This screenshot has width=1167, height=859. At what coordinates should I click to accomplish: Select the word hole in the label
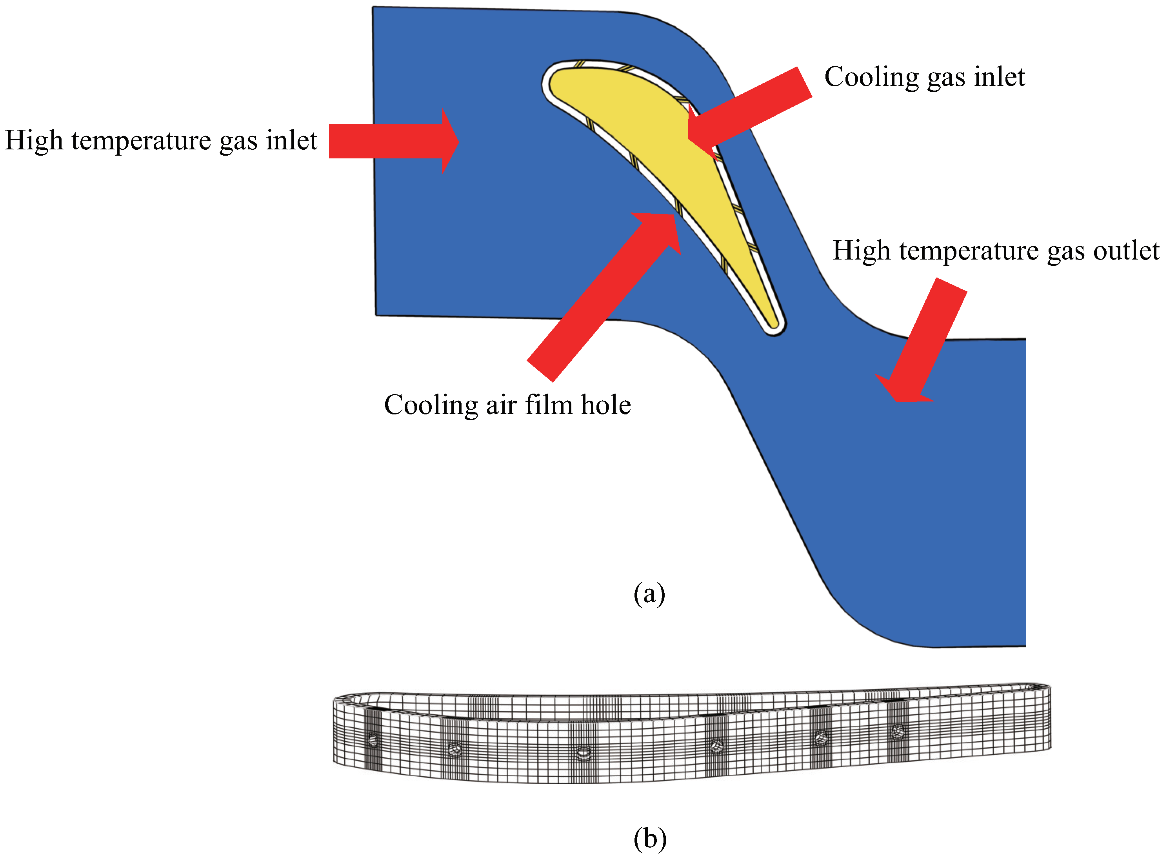tap(606, 405)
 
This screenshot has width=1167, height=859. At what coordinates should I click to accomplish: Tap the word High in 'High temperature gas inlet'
tap(34, 140)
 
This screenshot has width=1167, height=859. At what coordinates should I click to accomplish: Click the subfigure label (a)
tap(649, 593)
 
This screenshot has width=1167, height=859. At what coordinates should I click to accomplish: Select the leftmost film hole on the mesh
tap(373, 739)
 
